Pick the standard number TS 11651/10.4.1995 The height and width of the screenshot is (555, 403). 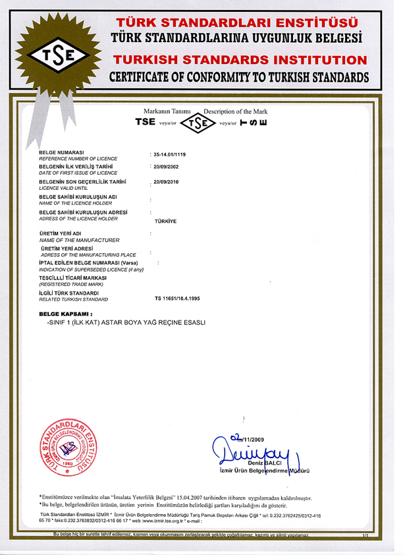177,299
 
